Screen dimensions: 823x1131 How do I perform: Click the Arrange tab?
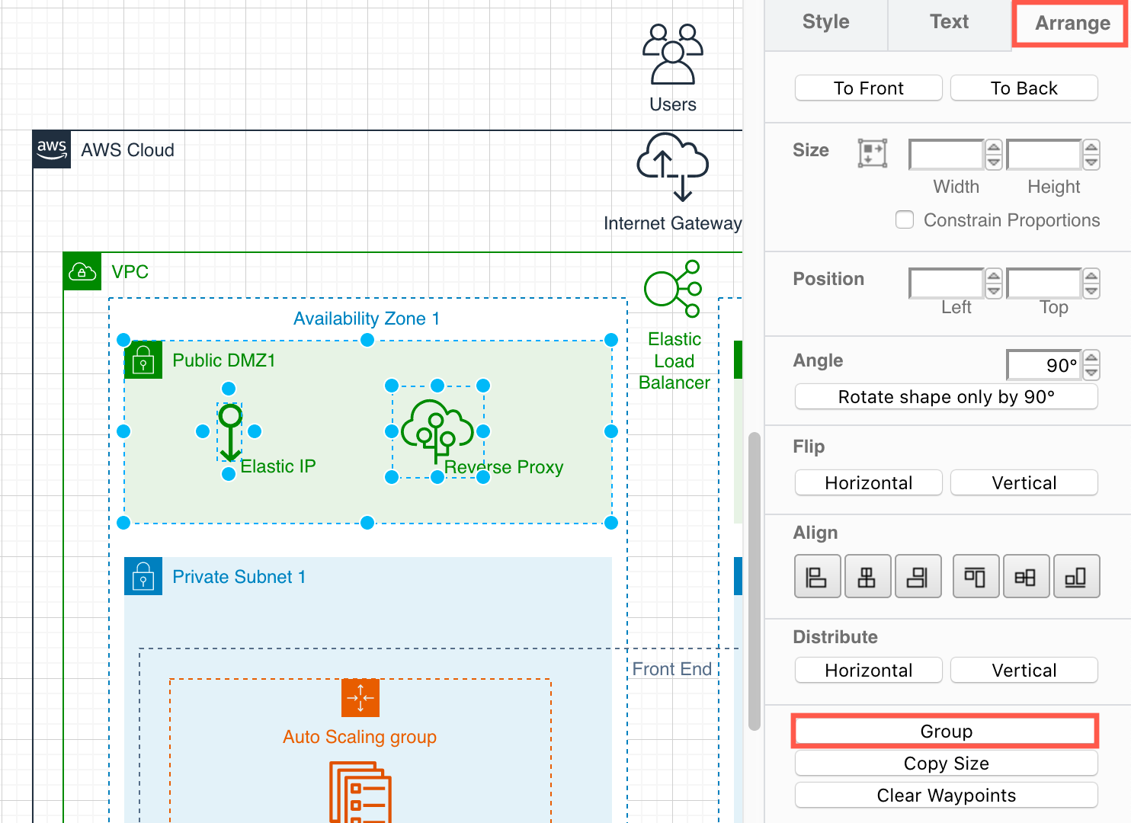pos(1072,24)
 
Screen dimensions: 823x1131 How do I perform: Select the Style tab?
pos(825,22)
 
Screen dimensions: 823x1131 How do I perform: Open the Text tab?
pos(949,22)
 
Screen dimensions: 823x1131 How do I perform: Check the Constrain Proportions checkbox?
pos(905,220)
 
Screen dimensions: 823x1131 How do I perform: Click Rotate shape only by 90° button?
pos(946,397)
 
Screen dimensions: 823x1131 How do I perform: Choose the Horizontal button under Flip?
pos(868,483)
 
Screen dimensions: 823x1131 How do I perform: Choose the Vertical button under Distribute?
pos(1024,671)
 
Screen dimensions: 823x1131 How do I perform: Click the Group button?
pos(946,732)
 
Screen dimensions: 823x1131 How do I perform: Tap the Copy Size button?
pos(946,764)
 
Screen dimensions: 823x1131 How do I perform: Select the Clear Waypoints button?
pos(946,796)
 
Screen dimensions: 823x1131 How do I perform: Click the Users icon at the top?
pos(672,54)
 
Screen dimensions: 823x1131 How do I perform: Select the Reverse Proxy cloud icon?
pos(437,430)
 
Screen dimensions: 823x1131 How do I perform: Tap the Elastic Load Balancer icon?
pos(672,289)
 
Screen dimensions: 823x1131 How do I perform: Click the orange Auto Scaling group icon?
pos(360,698)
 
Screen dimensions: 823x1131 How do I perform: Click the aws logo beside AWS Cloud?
pos(52,149)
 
